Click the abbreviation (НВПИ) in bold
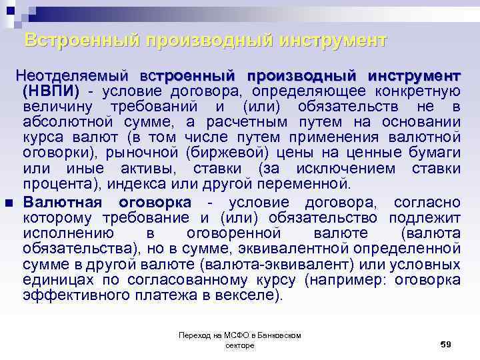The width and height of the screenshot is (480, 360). [51, 91]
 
